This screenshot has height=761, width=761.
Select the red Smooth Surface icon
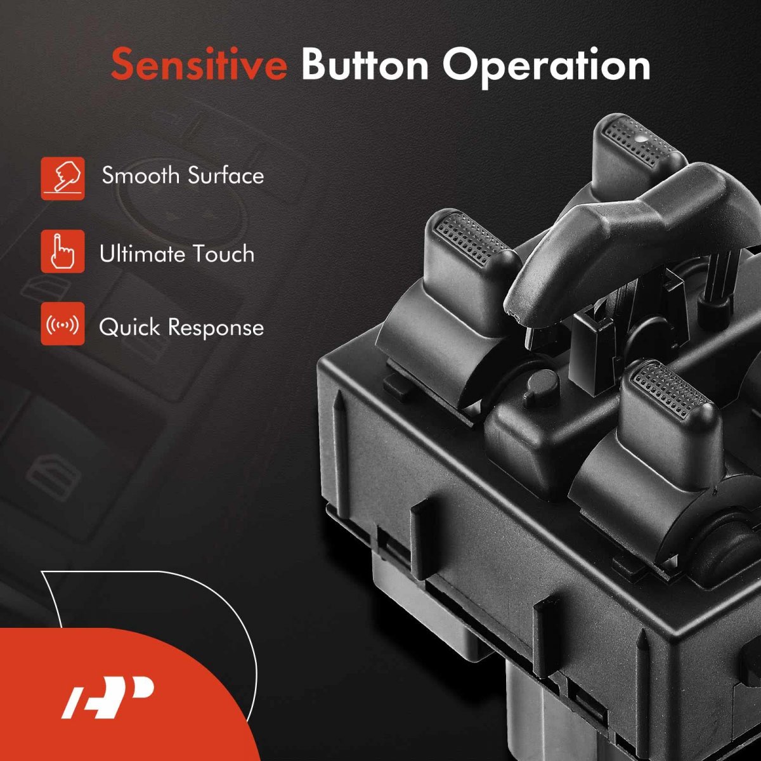click(x=63, y=178)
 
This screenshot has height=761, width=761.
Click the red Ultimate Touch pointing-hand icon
click(x=63, y=251)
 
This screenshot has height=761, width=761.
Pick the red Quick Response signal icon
click(x=63, y=324)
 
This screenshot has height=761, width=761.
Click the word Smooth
click(x=141, y=175)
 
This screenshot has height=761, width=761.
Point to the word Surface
click(x=226, y=175)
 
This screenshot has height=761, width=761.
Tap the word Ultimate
click(x=143, y=253)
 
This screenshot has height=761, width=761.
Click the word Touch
click(x=224, y=253)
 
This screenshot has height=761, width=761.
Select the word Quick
click(x=129, y=328)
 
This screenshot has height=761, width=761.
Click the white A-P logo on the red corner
click(x=107, y=697)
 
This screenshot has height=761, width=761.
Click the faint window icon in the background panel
click(x=51, y=473)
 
